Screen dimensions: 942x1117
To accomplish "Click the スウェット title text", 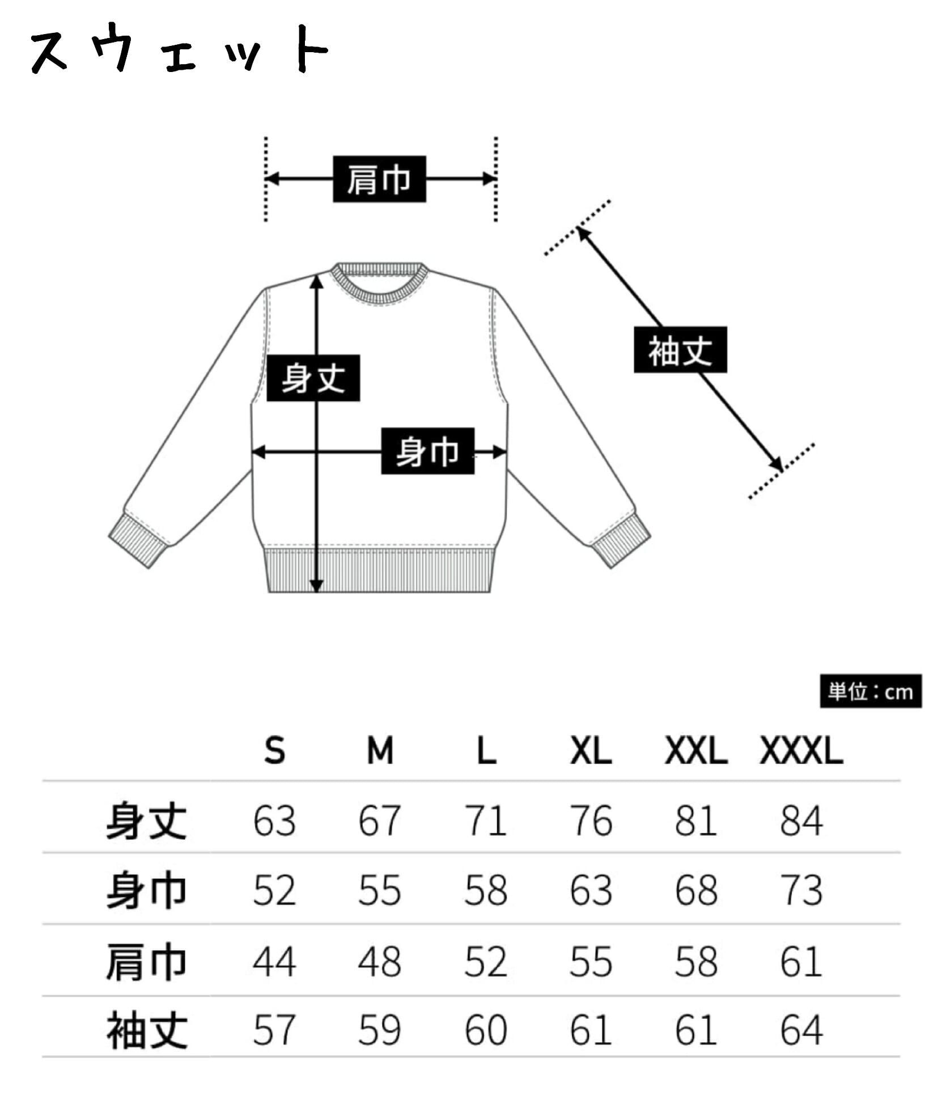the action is [179, 49].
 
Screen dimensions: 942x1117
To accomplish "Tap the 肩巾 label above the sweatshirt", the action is [379, 179].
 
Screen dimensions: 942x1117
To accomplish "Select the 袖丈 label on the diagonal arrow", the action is [680, 350].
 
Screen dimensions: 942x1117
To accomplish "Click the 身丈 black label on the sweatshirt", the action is [313, 378].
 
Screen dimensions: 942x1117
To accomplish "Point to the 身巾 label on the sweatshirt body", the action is [427, 451].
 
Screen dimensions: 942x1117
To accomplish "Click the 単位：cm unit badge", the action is [870, 692].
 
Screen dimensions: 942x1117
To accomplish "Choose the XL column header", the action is [591, 751].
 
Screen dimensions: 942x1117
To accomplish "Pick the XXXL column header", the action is [801, 751].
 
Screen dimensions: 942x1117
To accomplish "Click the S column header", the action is [274, 751].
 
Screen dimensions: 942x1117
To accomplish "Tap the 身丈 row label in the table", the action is [146, 821].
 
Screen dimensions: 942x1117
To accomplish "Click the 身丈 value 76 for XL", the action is [591, 821].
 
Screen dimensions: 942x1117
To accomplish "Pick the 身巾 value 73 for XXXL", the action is [801, 890].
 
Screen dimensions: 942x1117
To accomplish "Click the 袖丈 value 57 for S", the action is [274, 1030].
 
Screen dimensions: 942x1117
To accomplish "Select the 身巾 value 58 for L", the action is [485, 890].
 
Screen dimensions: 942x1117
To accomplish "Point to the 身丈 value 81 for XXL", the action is [695, 821].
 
